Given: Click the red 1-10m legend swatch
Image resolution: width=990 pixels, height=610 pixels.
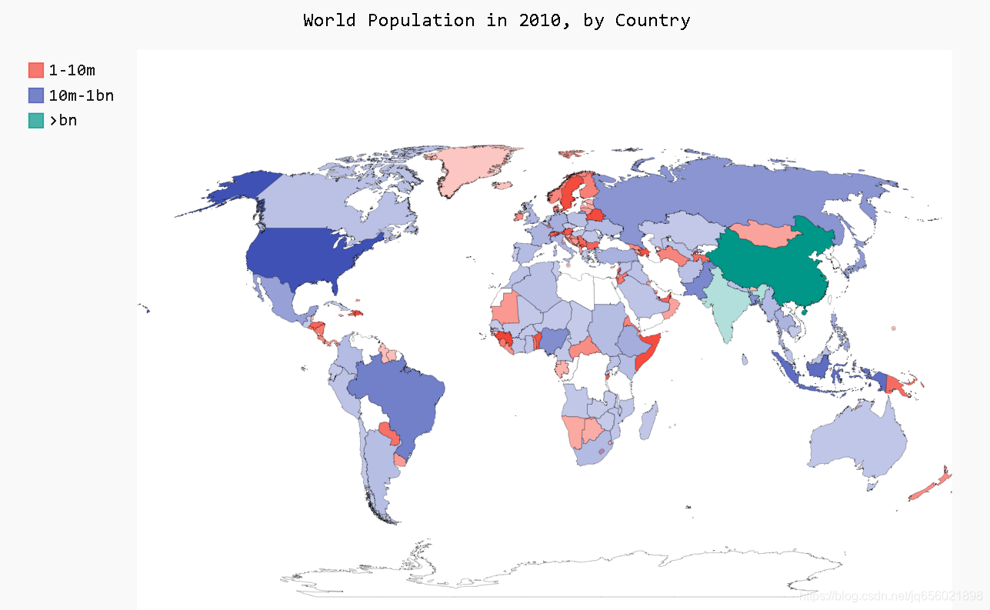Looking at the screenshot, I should [36, 70].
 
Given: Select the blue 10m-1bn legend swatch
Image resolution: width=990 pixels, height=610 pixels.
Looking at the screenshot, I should [36, 95].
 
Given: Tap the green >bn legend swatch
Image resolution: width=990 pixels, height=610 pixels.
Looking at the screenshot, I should [36, 120].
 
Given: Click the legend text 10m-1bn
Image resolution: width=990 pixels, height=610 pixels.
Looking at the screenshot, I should [82, 95].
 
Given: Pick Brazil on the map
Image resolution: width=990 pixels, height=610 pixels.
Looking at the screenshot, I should [400, 392].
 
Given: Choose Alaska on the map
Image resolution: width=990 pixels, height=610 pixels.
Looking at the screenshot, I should [231, 188].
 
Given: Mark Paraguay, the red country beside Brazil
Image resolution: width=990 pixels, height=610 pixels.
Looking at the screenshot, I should [389, 435].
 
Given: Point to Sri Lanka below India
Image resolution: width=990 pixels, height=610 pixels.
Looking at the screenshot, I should [745, 359].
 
